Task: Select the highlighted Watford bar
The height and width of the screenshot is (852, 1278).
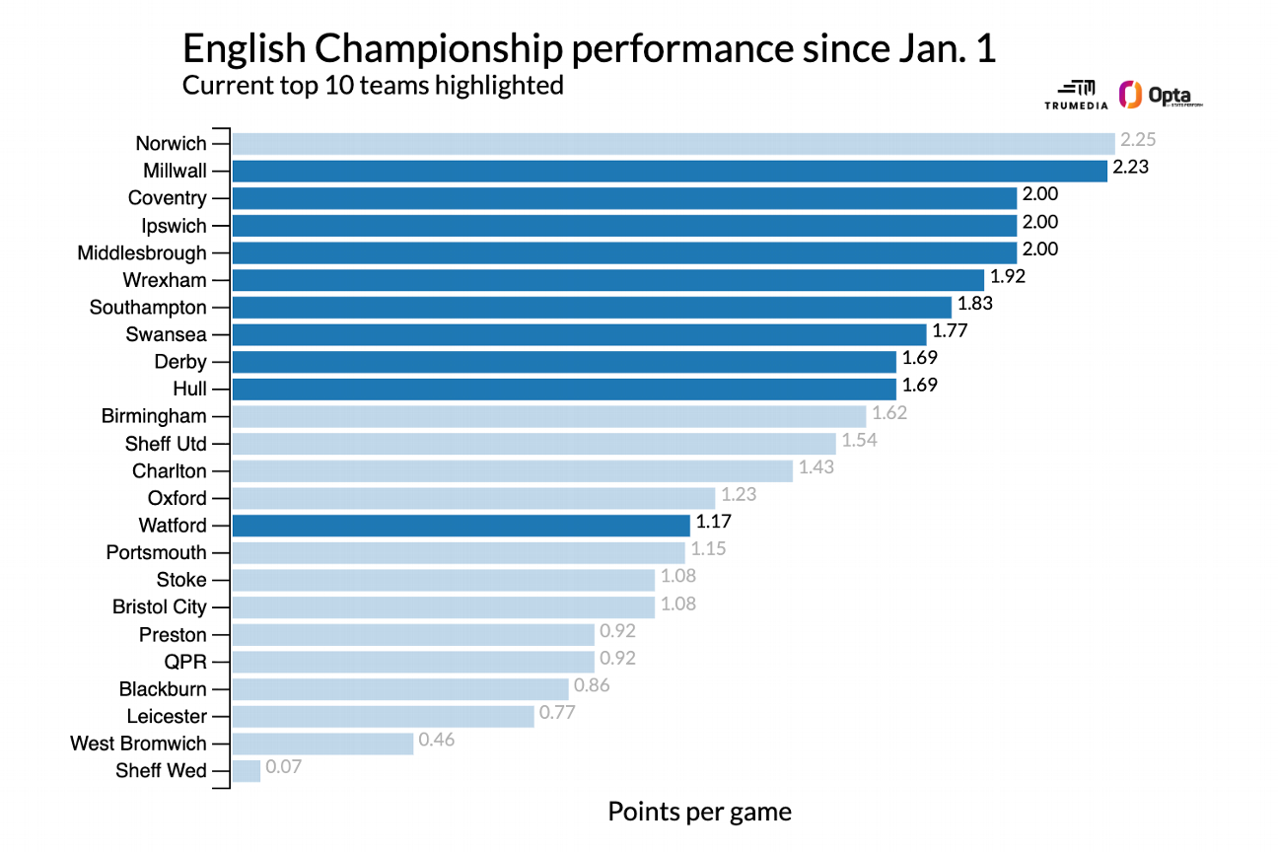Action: click(461, 525)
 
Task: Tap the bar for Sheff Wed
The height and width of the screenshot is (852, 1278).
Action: click(246, 770)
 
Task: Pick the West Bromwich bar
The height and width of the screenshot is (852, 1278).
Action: click(322, 743)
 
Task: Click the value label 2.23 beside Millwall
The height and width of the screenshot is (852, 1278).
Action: click(1130, 168)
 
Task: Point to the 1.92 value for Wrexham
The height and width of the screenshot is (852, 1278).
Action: click(1007, 277)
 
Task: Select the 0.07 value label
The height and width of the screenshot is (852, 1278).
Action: click(284, 766)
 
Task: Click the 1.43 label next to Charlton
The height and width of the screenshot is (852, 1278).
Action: click(816, 467)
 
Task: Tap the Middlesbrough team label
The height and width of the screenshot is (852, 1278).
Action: click(142, 253)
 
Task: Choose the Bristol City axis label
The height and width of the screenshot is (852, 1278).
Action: click(159, 607)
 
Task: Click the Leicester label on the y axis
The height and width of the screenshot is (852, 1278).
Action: click(166, 716)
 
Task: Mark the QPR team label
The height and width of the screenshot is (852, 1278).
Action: click(185, 662)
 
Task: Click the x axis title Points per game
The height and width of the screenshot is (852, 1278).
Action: click(699, 813)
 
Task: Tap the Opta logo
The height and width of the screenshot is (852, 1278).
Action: click(1161, 96)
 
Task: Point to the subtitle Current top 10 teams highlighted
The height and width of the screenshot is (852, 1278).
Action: click(373, 86)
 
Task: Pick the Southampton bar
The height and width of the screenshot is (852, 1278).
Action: click(592, 307)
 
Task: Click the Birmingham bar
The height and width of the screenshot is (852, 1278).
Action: click(548, 416)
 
